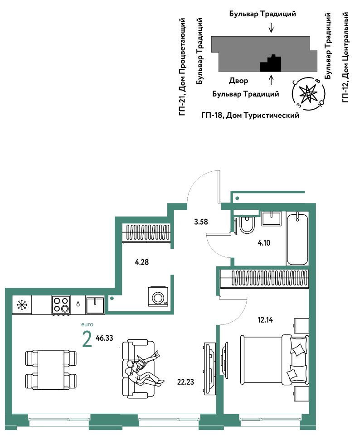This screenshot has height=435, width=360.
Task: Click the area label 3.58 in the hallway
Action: pyautogui.click(x=201, y=222)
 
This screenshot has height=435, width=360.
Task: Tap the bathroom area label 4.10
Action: pyautogui.click(x=264, y=243)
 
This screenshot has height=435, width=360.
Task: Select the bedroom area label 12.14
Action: pyautogui.click(x=265, y=320)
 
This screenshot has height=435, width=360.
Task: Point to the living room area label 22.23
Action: pyautogui.click(x=185, y=382)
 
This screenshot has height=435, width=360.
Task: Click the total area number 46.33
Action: pyautogui.click(x=104, y=338)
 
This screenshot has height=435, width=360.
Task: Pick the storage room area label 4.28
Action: pyautogui.click(x=141, y=262)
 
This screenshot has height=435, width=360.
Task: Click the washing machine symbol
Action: pyautogui.click(x=158, y=297)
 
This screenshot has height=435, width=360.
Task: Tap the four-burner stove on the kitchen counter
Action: pyautogui.click(x=61, y=305)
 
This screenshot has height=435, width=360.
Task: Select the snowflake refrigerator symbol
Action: pyautogui.click(x=22, y=305)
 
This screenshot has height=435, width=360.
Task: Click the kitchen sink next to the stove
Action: pyautogui.click(x=95, y=305)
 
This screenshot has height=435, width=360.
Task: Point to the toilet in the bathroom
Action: pyautogui.click(x=247, y=225)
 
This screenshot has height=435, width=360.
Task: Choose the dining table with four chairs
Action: pyautogui.click(x=51, y=370)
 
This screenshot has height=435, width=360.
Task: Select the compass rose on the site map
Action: pyautogui.click(x=308, y=94)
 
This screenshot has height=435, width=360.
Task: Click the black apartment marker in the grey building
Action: pyautogui.click(x=271, y=63)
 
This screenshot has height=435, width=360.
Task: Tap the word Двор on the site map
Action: pyautogui.click(x=238, y=81)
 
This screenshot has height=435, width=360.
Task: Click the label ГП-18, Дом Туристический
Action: pyautogui.click(x=250, y=115)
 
